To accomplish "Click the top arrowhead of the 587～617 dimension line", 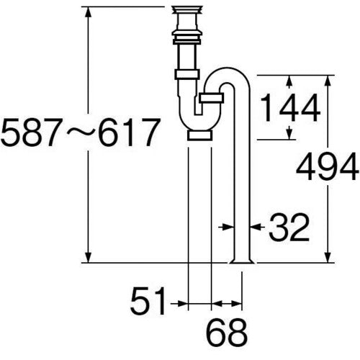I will [x=89, y=11].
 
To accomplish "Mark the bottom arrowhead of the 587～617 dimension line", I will [x=89, y=258].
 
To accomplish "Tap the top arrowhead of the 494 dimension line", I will [x=329, y=78].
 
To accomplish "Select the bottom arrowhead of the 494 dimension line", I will [x=329, y=258].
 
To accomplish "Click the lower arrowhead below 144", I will [x=291, y=134].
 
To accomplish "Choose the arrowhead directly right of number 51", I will [x=182, y=301].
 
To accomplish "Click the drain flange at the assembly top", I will [x=189, y=11].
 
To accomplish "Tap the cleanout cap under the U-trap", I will [x=199, y=134].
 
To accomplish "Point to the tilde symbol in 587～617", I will [x=77, y=133].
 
